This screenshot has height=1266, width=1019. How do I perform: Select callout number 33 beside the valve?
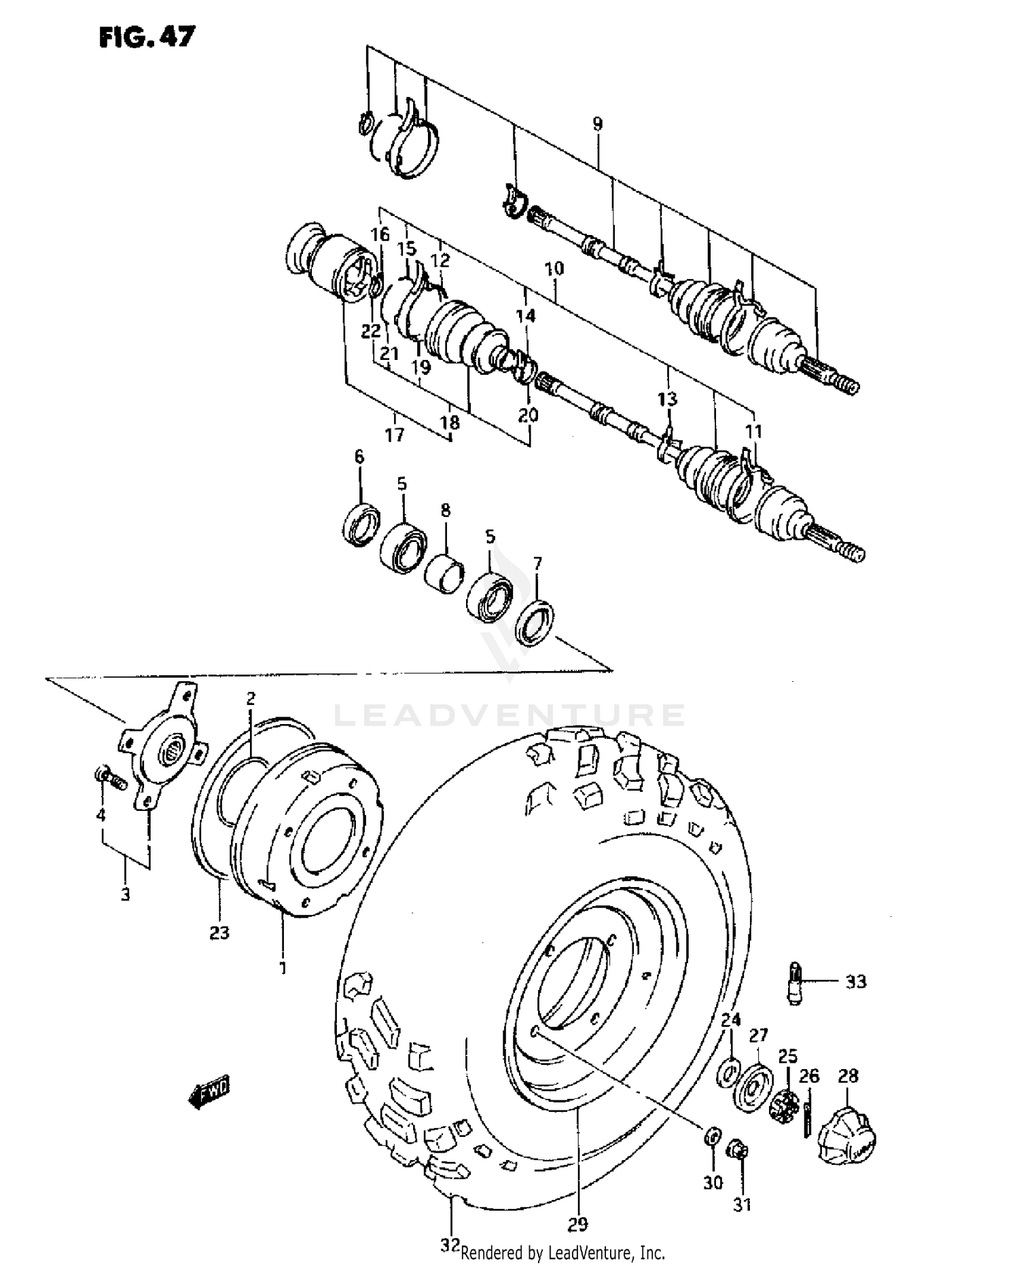click(x=856, y=981)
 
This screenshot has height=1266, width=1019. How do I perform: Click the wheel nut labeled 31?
click(x=738, y=1151)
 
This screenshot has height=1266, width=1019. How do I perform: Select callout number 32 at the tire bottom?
click(x=450, y=1246)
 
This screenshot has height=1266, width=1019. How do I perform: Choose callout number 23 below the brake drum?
click(x=219, y=933)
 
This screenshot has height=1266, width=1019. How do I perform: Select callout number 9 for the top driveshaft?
click(x=597, y=124)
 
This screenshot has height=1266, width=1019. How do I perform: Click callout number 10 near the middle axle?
click(x=554, y=268)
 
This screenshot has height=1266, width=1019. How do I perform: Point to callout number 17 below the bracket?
click(x=394, y=434)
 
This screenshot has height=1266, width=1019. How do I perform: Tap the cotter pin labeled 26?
click(x=808, y=1118)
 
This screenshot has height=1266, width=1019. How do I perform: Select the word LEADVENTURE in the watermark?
click(x=509, y=715)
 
